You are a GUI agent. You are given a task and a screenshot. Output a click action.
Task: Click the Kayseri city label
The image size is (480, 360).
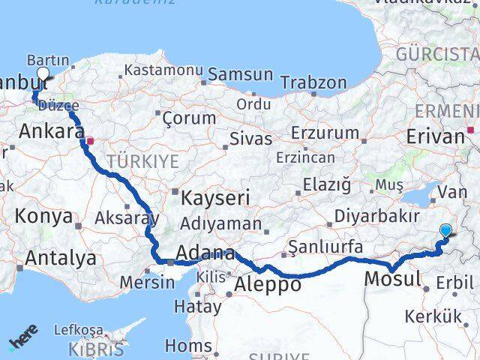click(x=216, y=198)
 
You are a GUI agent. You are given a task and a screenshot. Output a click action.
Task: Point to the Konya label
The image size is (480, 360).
click(x=44, y=217)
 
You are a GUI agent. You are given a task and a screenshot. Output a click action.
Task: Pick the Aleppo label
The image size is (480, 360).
click(x=268, y=285)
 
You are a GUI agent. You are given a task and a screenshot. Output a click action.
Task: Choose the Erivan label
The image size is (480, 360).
click(x=436, y=136)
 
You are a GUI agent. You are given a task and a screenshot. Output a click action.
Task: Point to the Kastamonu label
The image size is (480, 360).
click(x=163, y=70)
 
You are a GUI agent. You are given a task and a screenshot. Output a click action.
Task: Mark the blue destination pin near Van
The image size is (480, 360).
click(x=446, y=232)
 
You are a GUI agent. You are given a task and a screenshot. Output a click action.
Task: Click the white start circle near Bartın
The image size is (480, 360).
click(x=42, y=74)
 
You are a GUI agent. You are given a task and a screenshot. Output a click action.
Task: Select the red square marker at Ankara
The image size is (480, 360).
click(x=90, y=140)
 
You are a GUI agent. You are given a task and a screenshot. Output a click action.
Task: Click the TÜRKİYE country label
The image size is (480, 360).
click(x=142, y=161)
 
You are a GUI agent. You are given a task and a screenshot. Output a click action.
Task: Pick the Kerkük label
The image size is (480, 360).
click(x=433, y=316)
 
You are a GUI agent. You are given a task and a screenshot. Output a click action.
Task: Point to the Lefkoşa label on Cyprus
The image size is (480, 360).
click(x=78, y=330)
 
